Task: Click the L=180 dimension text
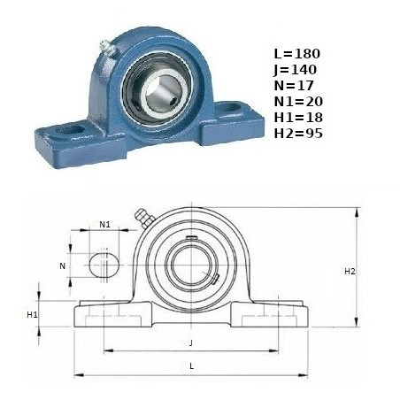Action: (296, 54)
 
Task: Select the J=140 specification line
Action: (295, 70)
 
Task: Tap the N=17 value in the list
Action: (294, 86)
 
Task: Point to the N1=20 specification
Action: (298, 102)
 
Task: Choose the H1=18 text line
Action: (298, 118)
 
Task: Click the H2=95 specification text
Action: (298, 134)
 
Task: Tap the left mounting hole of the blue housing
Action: (70, 129)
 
